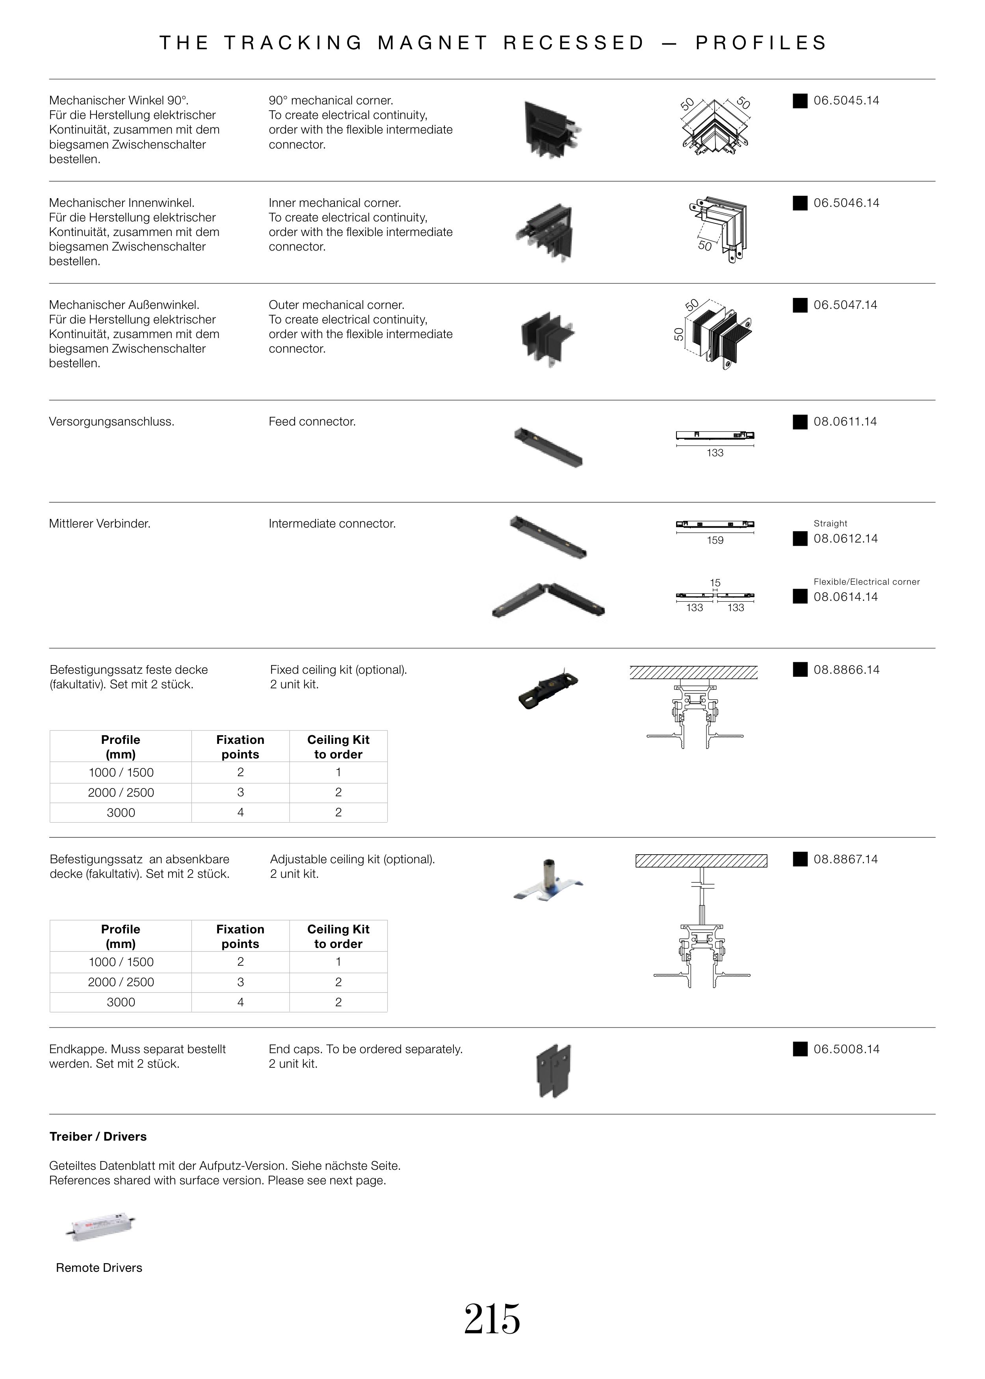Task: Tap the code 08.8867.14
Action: pyautogui.click(x=846, y=859)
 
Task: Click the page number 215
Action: pyautogui.click(x=492, y=1319)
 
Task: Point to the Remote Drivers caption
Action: pyautogui.click(x=99, y=1268)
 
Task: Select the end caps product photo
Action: pyautogui.click(x=554, y=1070)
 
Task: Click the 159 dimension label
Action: pyautogui.click(x=715, y=540)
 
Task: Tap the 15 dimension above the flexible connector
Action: pyautogui.click(x=715, y=583)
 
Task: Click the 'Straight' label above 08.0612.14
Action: pyautogui.click(x=830, y=523)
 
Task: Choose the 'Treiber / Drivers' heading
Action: pyautogui.click(x=98, y=1136)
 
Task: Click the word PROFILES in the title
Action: pyautogui.click(x=761, y=43)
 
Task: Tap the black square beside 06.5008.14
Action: pyautogui.click(x=800, y=1049)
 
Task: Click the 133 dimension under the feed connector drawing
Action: pyautogui.click(x=715, y=453)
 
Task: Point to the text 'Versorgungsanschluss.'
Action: pyautogui.click(x=112, y=422)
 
